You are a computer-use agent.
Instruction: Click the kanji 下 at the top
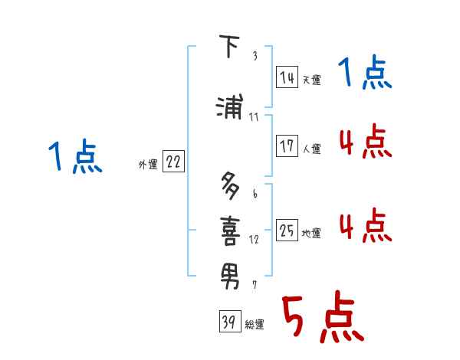(x=228, y=47)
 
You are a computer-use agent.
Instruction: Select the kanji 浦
(x=230, y=107)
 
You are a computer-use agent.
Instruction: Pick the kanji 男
(x=230, y=272)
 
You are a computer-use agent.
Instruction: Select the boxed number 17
(x=287, y=147)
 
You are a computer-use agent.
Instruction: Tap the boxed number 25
(x=287, y=231)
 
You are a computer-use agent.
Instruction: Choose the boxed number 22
(x=173, y=162)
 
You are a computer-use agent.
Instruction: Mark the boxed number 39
(x=228, y=322)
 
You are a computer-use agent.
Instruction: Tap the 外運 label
(x=147, y=165)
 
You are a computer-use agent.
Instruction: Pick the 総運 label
(x=255, y=325)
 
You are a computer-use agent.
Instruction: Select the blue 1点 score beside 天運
(x=365, y=75)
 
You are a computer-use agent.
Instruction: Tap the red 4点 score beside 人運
(x=365, y=142)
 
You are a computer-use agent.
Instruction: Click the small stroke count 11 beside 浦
(x=254, y=117)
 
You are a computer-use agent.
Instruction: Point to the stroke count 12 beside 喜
(x=254, y=239)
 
